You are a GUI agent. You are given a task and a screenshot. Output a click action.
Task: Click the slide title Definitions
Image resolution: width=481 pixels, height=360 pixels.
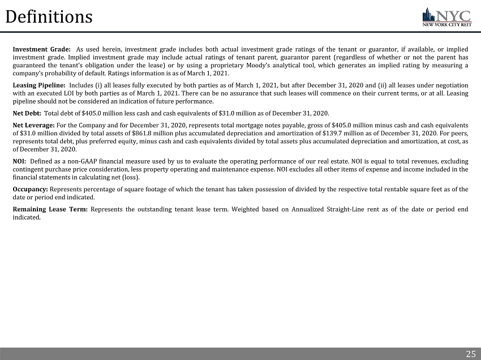tap(49, 17)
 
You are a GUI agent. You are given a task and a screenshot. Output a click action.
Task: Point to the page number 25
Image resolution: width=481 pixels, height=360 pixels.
tap(470, 354)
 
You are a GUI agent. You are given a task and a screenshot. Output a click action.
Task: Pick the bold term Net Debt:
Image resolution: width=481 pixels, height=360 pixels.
tap(26, 113)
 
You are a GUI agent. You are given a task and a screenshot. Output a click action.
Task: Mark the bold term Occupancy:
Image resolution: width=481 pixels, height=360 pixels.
tap(31, 189)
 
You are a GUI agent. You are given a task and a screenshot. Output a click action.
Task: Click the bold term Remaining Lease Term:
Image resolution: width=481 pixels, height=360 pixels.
tap(50, 209)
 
